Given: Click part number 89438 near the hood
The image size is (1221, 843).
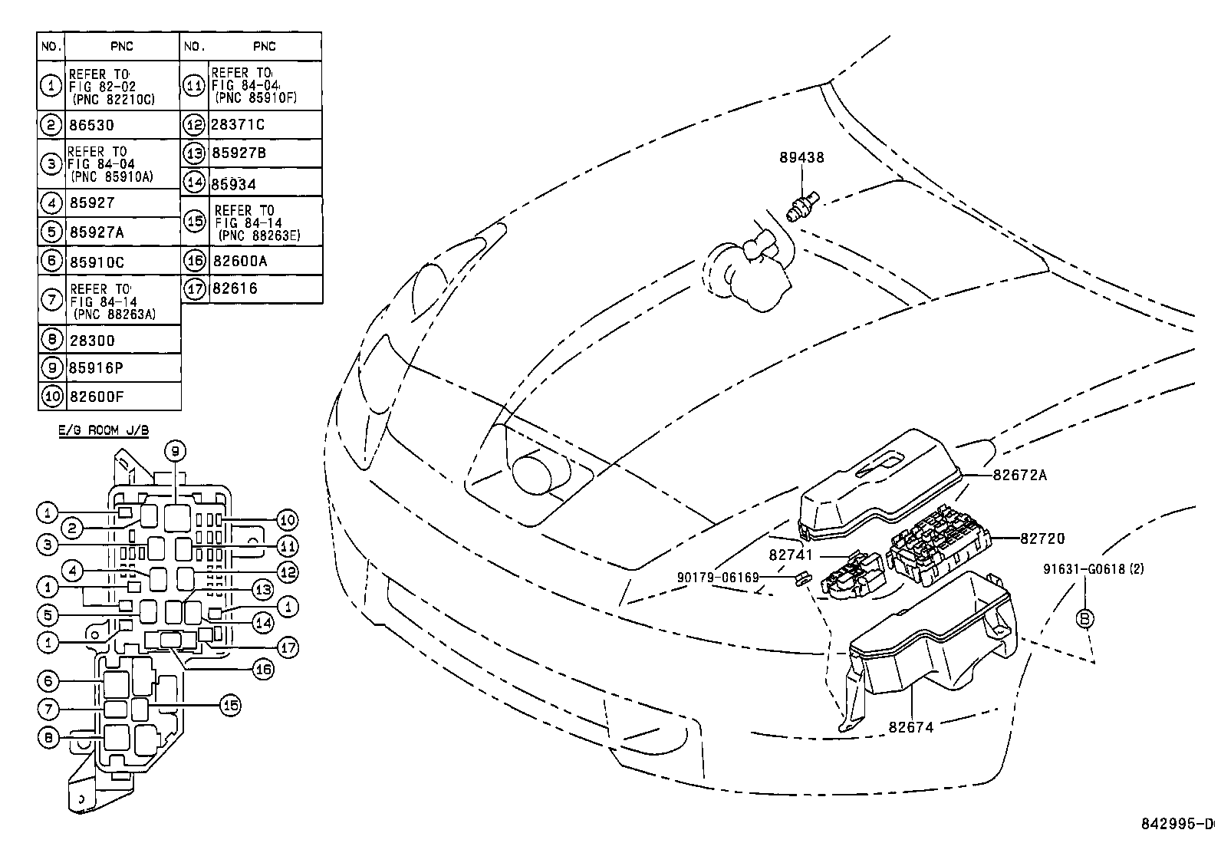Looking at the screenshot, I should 801,157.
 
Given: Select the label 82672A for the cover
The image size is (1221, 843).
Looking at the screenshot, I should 1019,475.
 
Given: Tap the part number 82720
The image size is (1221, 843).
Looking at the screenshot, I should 1042,538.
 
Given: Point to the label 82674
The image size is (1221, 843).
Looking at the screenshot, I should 911,727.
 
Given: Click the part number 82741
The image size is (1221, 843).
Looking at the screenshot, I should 791,555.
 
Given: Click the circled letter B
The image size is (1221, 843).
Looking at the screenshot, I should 1085,618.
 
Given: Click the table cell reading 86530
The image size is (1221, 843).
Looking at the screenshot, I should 91,125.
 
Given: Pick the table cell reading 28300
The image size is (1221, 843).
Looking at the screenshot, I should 91,340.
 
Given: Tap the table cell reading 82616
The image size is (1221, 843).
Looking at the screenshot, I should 235,288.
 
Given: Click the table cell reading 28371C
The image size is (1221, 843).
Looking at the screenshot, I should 238,125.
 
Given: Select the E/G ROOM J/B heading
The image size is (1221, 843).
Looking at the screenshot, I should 104,430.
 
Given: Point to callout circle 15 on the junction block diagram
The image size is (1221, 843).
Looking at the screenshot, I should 231,705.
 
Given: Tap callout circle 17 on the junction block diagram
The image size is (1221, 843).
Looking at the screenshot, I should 287,647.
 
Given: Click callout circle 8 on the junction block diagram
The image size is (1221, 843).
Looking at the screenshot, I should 48,737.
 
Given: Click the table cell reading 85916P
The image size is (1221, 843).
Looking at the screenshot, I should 96,368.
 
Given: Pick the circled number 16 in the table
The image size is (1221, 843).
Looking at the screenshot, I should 195,260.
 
